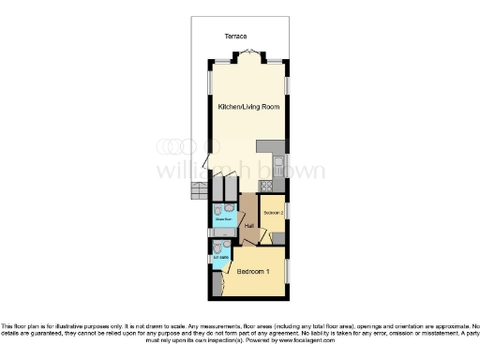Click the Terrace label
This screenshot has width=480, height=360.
[235, 36]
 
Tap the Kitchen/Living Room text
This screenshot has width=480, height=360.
[247, 109]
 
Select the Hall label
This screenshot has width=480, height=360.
[249, 226]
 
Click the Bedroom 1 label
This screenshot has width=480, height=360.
[254, 272]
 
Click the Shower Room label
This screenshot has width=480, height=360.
[222, 221]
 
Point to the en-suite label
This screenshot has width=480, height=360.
[221, 256]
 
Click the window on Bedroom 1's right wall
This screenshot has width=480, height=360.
[288, 269]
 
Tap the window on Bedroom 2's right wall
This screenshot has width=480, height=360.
[287, 211]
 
